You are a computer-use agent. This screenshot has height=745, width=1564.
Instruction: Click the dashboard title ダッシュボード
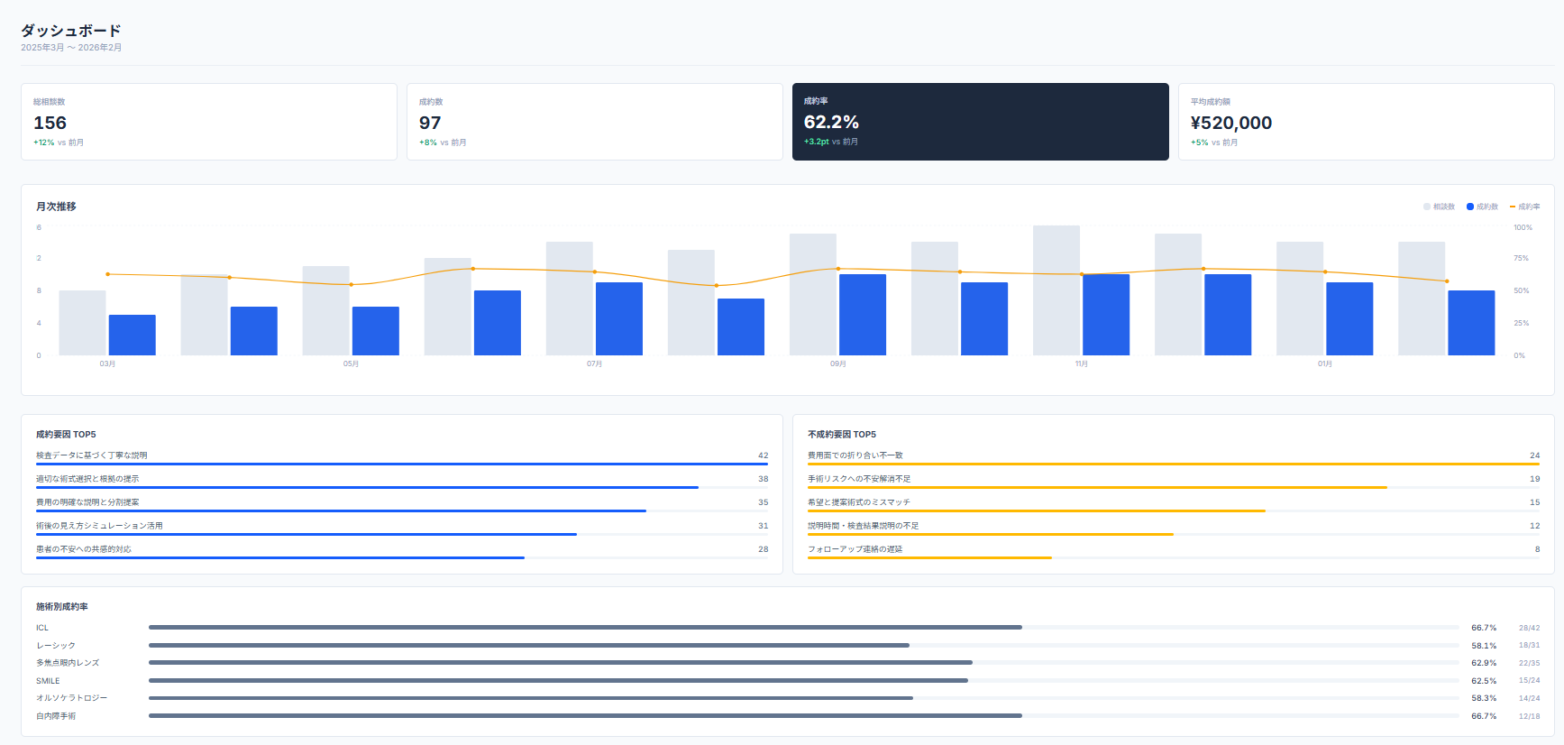coord(70,31)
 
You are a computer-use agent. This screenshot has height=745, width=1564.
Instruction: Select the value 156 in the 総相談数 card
coord(50,123)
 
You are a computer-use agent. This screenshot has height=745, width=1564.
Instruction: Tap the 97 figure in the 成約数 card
coord(430,123)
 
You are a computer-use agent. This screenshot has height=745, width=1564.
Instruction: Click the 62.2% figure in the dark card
coord(831,122)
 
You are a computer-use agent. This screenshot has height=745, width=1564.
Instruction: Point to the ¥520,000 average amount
coord(1230,123)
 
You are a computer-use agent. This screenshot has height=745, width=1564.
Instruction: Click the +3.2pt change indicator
coord(817,142)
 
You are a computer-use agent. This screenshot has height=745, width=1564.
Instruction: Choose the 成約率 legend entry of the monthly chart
coord(1525,207)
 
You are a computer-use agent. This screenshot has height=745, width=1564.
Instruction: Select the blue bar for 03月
coord(133,335)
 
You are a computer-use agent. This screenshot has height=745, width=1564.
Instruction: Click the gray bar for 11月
coord(1056,290)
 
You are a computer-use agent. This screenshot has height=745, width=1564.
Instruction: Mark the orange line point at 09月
coord(838,269)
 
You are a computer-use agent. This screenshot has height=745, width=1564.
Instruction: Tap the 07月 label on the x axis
coord(594,364)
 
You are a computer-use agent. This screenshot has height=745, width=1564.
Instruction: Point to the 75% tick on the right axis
coord(1521,259)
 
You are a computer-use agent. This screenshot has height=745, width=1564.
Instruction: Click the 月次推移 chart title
coord(56,207)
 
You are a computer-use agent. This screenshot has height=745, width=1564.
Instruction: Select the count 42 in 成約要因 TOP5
coord(763,455)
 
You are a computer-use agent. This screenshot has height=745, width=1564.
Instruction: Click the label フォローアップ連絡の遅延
coord(855,549)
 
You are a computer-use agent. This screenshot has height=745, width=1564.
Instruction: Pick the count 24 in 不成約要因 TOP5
coord(1534,455)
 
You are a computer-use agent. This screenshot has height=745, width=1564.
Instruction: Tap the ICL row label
coord(42,628)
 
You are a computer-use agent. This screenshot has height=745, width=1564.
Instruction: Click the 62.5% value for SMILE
coord(1484,681)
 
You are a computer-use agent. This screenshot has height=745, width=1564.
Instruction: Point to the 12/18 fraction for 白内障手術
coord(1529,716)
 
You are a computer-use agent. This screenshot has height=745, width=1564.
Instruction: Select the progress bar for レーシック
coord(529,646)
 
